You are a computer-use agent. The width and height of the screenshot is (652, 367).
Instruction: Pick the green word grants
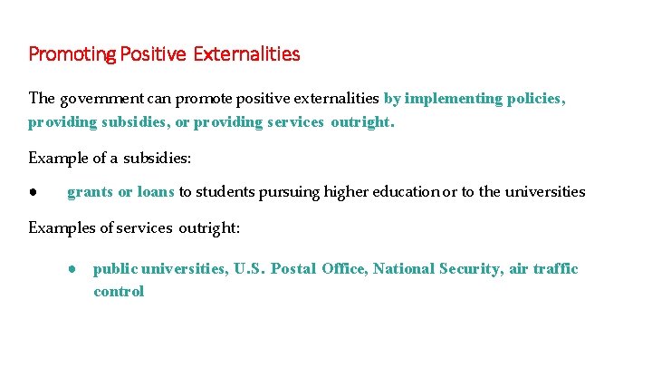coord(90,192)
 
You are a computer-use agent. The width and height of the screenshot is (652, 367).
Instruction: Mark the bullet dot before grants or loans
coord(32,192)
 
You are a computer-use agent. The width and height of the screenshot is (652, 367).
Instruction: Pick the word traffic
coord(555,269)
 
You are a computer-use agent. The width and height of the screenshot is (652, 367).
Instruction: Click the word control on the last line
coord(119,292)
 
